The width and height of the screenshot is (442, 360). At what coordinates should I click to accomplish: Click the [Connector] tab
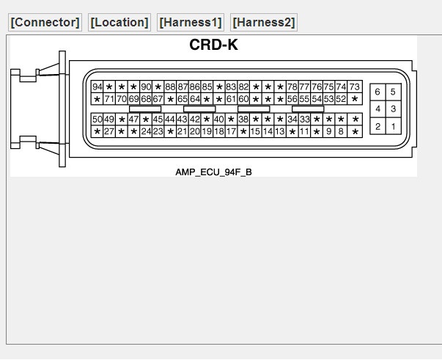45,22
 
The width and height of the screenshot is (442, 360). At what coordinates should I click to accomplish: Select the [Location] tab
119,22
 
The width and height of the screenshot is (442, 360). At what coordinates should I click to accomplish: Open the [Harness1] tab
190,22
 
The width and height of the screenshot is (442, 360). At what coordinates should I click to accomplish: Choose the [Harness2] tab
264,22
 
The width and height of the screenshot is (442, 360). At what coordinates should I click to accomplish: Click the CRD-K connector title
213,45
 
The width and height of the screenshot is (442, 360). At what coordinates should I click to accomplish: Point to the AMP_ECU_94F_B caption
213,172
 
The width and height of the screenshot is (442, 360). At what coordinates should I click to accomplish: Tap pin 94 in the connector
97,87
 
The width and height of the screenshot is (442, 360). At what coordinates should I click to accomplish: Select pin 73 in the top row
355,87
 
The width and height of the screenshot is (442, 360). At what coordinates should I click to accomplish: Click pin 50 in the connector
97,119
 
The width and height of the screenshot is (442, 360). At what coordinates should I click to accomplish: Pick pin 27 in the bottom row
109,131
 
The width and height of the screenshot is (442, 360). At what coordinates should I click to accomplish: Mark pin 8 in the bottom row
342,131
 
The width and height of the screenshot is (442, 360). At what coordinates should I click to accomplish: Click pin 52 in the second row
342,99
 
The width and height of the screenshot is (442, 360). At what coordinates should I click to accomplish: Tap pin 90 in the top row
146,87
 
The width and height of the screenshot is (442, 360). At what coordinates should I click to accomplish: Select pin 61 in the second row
232,99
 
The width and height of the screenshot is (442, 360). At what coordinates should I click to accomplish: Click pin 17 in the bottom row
232,131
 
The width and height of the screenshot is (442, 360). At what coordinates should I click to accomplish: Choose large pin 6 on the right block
377,92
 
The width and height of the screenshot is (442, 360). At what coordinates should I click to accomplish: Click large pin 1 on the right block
394,127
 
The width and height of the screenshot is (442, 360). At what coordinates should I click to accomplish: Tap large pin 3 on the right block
394,109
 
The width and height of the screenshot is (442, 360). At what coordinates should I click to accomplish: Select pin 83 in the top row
232,87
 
